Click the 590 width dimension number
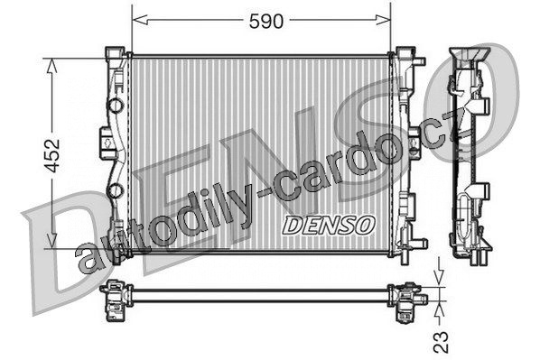coord(266,22)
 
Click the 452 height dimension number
coord(52,155)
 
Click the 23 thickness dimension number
coord(441,342)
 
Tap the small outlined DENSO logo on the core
coord(328,226)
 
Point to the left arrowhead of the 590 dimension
coord(140,20)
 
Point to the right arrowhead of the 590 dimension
coord(383,20)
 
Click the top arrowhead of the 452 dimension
coord(52,66)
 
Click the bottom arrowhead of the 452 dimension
coord(52,240)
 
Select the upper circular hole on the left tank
coord(116,105)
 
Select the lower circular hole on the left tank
coord(116,190)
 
